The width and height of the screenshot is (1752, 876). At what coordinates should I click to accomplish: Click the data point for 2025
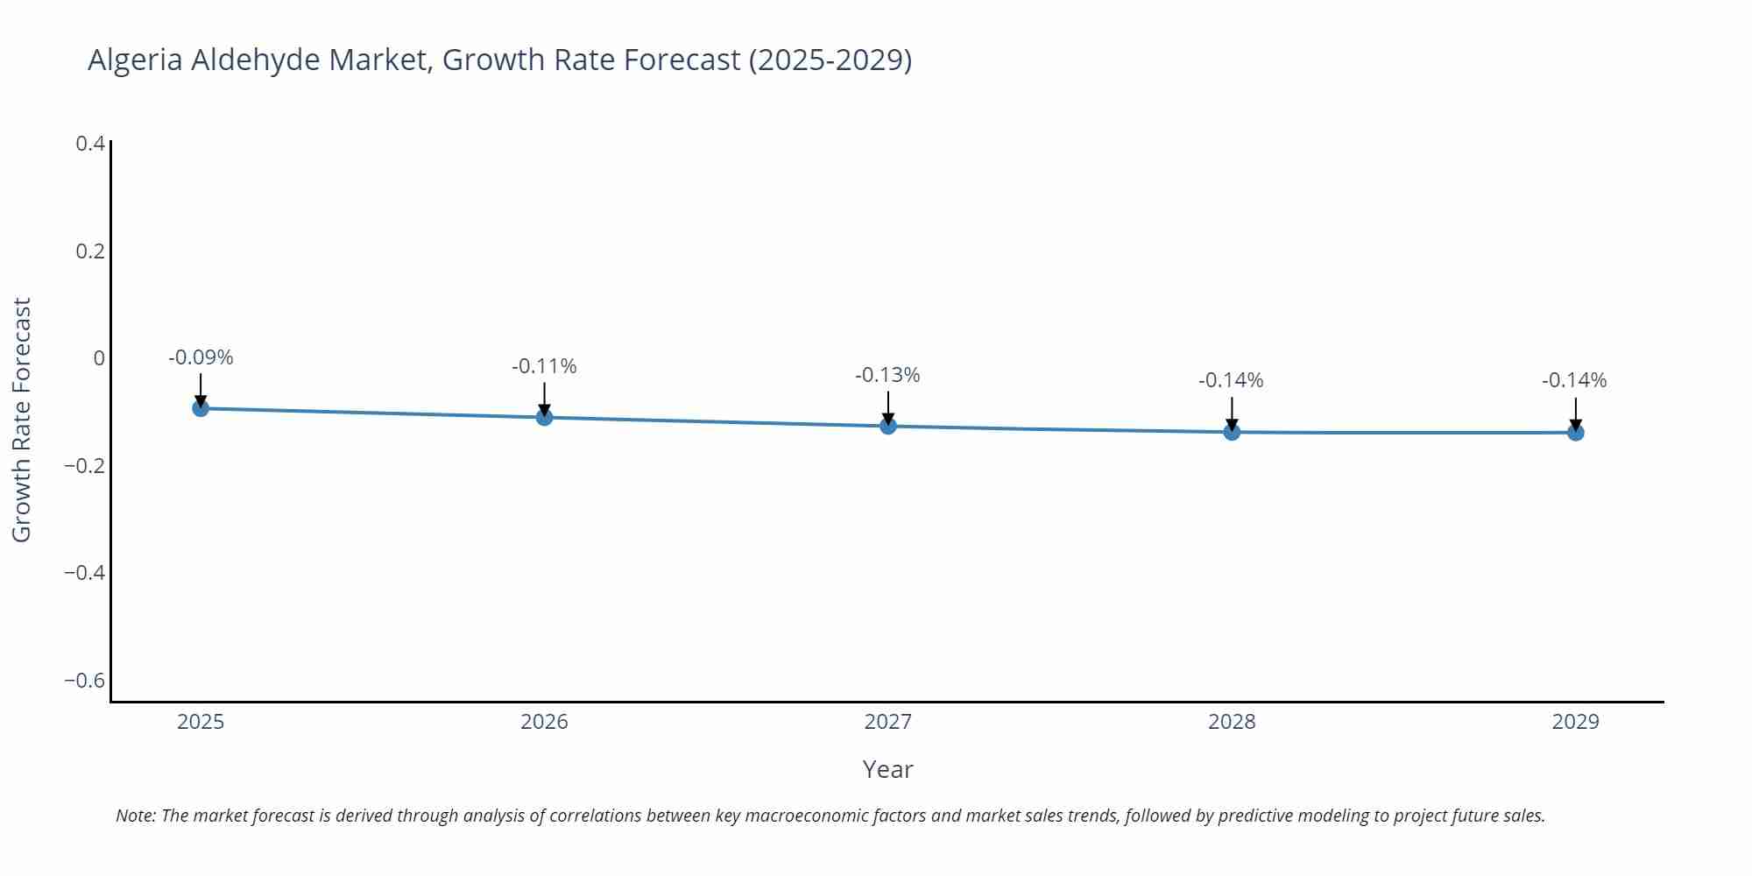[x=201, y=408]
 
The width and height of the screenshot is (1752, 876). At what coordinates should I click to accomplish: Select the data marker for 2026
[x=544, y=417]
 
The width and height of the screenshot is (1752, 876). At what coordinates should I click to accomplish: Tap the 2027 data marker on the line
[x=888, y=426]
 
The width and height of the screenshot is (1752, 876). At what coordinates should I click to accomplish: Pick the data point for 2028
[x=1232, y=432]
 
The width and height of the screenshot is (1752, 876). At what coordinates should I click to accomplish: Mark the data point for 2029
[x=1575, y=432]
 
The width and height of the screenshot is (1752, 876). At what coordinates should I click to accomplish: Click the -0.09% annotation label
[x=201, y=357]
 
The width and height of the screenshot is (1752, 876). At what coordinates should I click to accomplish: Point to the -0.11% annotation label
[x=544, y=366]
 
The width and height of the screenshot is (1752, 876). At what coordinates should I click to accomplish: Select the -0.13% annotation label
[x=887, y=375]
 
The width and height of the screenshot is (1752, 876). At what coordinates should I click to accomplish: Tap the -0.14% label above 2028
[x=1231, y=380]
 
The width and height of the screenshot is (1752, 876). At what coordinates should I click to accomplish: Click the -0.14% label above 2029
[x=1574, y=380]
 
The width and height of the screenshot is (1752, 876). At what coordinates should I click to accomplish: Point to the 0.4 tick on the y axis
[x=90, y=144]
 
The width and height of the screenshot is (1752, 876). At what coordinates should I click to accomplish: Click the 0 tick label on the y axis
[x=99, y=358]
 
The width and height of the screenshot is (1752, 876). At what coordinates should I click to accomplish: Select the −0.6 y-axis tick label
[x=84, y=681]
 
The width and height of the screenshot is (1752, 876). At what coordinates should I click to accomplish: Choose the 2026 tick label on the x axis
[x=544, y=722]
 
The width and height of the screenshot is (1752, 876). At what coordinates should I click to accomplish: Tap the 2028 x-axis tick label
[x=1232, y=722]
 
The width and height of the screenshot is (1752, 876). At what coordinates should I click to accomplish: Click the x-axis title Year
[x=887, y=769]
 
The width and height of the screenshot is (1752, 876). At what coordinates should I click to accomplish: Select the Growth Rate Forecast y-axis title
[x=21, y=420]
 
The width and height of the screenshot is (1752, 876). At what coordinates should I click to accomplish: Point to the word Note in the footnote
[x=134, y=816]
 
